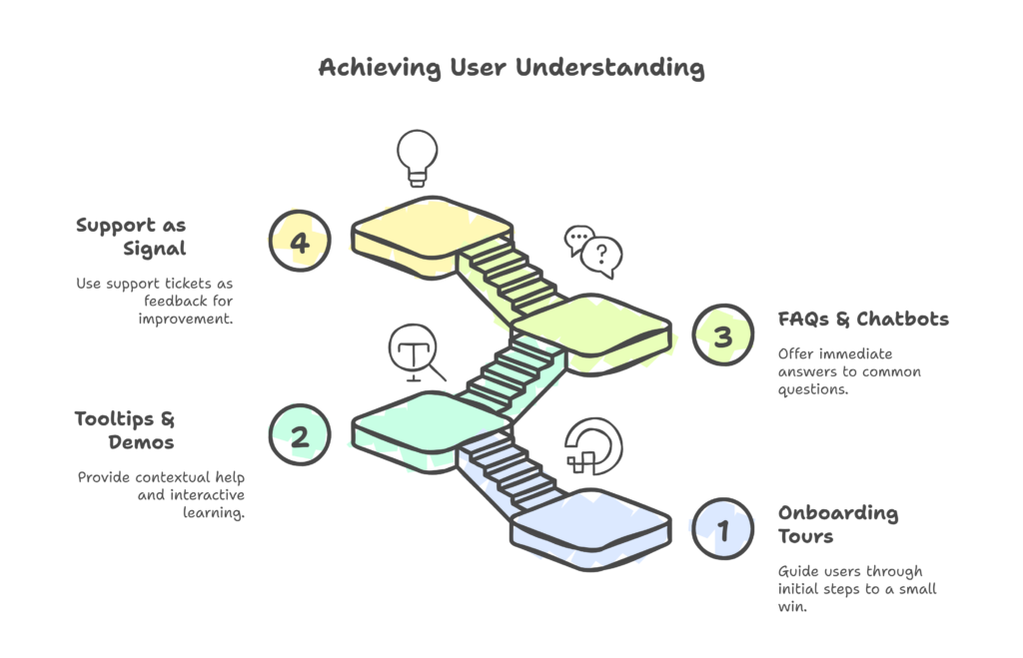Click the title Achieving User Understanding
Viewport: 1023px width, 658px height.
511,68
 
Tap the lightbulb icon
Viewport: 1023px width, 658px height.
416,158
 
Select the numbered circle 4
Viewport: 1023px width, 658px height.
298,241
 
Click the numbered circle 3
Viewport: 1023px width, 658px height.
722,335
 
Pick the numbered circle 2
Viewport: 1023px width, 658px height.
298,433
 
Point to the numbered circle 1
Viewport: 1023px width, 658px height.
722,528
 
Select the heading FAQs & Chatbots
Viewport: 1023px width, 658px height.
863,320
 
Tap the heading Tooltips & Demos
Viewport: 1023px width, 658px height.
125,429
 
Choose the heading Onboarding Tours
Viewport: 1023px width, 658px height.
838,525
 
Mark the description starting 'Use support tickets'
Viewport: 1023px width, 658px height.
155,301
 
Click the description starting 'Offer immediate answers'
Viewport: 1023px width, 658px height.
849,371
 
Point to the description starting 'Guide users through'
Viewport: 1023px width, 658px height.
857,588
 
